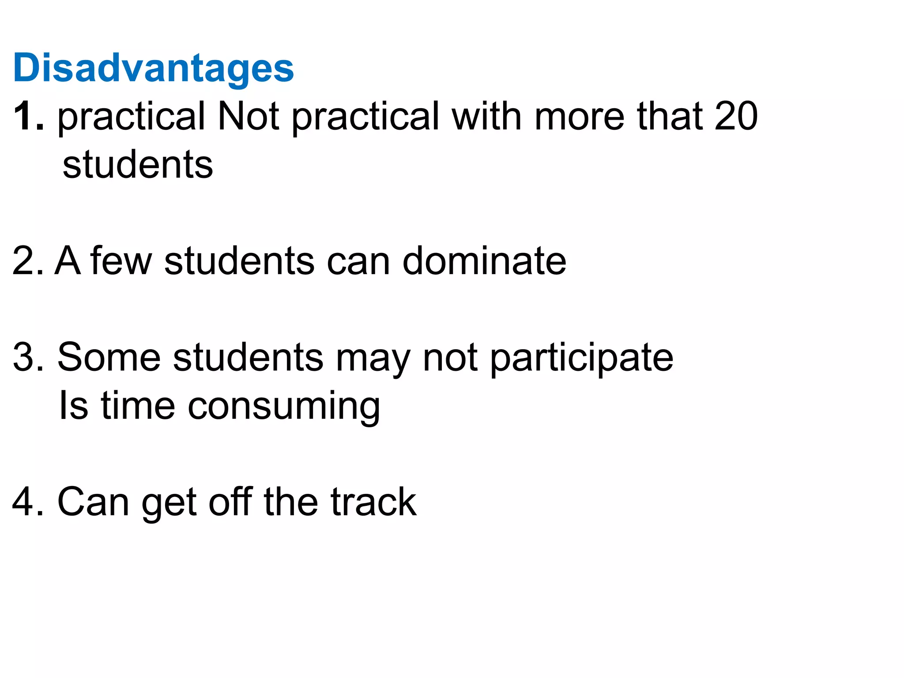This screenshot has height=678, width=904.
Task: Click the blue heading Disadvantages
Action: click(154, 69)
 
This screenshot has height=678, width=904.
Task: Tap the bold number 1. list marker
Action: click(29, 116)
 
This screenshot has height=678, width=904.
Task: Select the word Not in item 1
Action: click(249, 116)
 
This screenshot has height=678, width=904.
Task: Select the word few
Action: click(121, 261)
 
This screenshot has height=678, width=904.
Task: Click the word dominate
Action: click(484, 261)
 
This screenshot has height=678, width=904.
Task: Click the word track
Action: click(373, 502)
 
